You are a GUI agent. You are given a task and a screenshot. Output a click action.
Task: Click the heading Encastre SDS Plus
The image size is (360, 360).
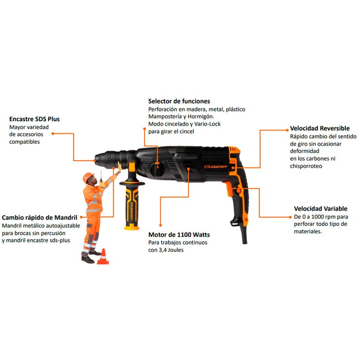35,119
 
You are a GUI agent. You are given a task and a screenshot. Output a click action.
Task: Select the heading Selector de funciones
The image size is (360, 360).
179,101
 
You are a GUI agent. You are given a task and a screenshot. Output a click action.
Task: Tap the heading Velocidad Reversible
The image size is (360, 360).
319,128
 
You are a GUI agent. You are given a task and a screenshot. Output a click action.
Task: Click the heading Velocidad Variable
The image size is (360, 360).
320,209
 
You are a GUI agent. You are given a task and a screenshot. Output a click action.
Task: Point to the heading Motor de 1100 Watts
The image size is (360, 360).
179,234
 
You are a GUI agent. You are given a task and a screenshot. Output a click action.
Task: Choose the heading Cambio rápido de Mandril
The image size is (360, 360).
40,217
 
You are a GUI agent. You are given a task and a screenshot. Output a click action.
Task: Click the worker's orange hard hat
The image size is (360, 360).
88,177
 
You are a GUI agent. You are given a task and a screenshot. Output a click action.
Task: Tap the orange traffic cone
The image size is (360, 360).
103,256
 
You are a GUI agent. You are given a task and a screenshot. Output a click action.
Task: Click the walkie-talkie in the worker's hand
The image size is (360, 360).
101,177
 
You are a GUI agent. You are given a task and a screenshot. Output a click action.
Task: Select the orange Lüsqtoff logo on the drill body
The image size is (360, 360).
216,166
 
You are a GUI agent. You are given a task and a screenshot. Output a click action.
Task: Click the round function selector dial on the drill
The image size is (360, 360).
157,169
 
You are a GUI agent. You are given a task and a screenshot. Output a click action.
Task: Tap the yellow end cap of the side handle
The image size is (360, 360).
131,227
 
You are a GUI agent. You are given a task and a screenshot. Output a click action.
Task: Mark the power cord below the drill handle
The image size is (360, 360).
244,234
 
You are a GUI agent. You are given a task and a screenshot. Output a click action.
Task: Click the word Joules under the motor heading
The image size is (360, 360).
175,250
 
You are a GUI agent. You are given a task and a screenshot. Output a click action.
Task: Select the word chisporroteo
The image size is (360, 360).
306,166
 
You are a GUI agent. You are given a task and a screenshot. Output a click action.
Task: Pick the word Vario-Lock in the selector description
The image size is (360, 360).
207,124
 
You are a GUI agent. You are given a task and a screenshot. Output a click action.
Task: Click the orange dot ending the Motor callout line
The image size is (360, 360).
161,225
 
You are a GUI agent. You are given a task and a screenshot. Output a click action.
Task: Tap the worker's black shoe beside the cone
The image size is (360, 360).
88,260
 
